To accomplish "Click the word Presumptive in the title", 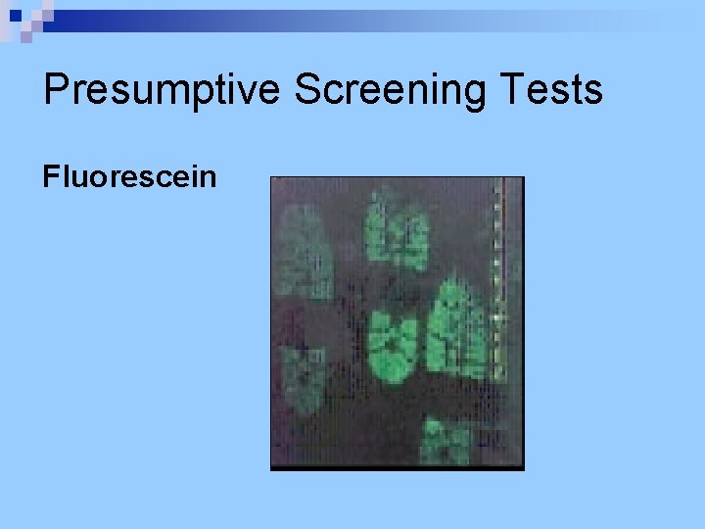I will pos(163,90).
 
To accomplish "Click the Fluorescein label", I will pos(129,177).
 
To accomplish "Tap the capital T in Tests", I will pos(513,90).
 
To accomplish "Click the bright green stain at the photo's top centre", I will pos(397,232).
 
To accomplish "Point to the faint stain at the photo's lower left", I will pos(305,381).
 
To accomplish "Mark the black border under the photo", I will pos(397,467).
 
